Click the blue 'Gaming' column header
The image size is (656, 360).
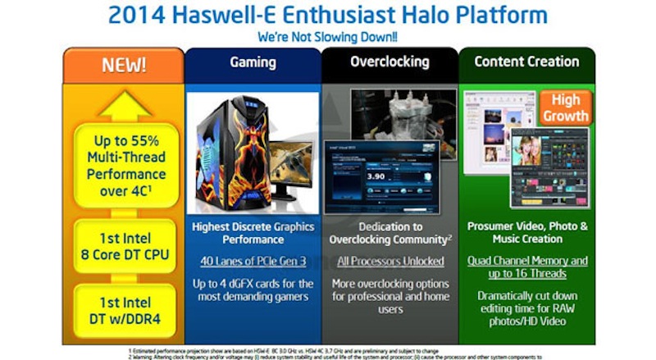click(252, 62)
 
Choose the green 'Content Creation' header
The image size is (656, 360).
click(526, 62)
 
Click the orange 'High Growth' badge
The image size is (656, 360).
click(567, 107)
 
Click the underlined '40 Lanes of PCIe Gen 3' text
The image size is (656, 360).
click(252, 261)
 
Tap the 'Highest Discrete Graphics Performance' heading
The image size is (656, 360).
click(252, 232)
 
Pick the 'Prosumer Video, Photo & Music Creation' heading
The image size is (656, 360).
click(526, 232)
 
